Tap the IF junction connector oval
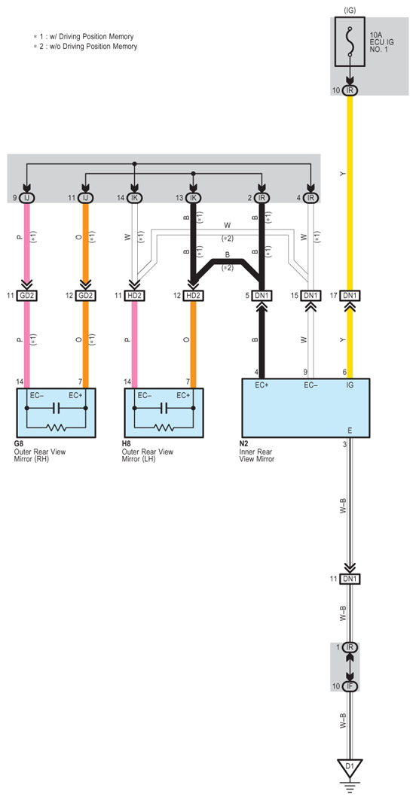click(x=350, y=686)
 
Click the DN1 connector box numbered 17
click(x=350, y=296)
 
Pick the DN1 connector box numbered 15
click(x=310, y=296)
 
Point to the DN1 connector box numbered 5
click(x=262, y=296)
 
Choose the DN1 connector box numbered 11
click(x=350, y=579)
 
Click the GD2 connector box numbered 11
click(x=28, y=296)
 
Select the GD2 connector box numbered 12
click(x=86, y=296)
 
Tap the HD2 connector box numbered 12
click(x=194, y=296)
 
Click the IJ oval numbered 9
click(x=28, y=197)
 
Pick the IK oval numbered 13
click(x=194, y=197)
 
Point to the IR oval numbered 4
click(x=310, y=197)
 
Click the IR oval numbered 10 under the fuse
click(x=350, y=90)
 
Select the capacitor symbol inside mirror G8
click(x=57, y=408)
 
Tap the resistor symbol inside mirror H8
click(x=165, y=427)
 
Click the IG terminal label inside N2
click(x=350, y=385)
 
